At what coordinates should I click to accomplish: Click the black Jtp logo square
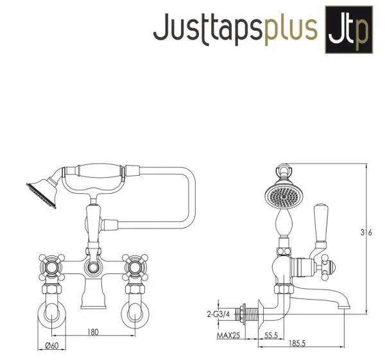tap(349, 30)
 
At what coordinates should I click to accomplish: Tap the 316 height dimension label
tap(366, 232)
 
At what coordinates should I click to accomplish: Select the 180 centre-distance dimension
tap(93, 332)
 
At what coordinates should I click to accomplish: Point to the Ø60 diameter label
tap(52, 345)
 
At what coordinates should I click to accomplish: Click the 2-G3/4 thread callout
tap(219, 314)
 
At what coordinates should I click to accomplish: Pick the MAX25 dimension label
tap(228, 335)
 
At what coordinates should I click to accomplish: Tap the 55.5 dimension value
tap(271, 335)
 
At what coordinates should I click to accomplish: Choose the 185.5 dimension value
tap(297, 343)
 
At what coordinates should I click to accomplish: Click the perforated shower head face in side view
tap(284, 196)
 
